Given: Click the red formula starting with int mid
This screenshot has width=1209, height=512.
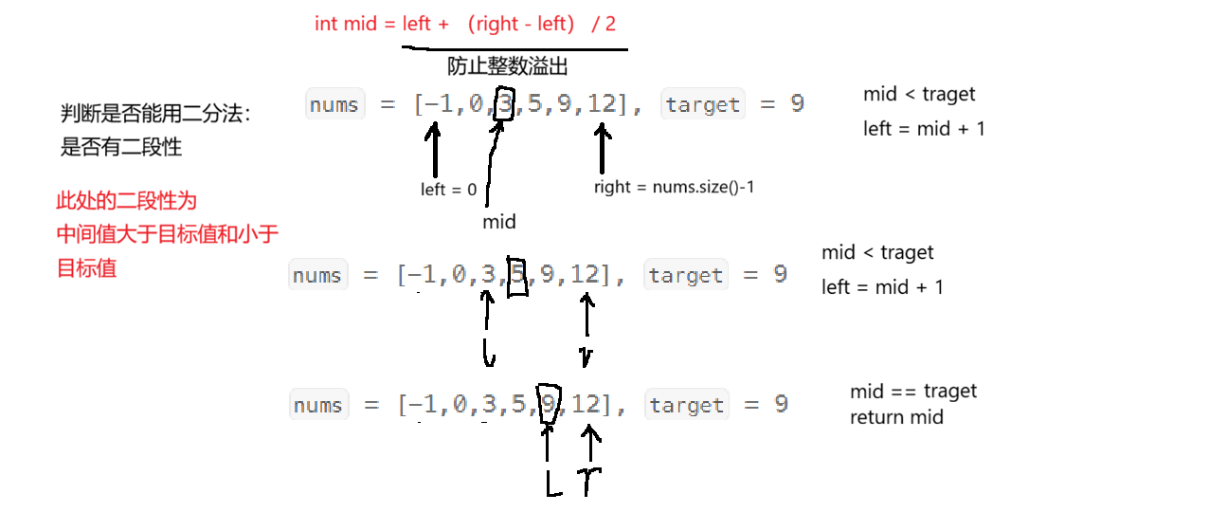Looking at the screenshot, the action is point(464,24).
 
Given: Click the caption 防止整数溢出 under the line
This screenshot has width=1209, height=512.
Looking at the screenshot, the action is point(507,66).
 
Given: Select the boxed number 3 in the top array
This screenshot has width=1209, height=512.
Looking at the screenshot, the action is point(506,103).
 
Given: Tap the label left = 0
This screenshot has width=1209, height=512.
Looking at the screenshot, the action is point(448,190).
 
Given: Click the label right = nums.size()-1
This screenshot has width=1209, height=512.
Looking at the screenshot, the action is point(674,187).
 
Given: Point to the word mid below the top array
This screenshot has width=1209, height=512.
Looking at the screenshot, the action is point(499,222).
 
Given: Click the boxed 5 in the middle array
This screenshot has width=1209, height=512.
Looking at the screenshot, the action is point(517,275).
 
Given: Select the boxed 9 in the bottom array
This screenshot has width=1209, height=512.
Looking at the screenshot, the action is point(548,405).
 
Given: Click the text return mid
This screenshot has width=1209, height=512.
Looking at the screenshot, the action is point(896,417).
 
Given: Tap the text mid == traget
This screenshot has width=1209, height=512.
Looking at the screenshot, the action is point(913,392).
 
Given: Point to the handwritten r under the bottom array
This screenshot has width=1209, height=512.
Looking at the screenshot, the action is point(590,479).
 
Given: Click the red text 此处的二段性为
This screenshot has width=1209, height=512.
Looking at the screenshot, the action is point(126,201).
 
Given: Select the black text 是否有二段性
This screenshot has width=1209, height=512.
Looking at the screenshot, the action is point(120,147).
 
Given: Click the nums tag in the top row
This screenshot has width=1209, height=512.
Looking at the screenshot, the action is point(334,104).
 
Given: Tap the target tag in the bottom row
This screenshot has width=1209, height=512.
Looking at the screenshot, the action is point(686,406).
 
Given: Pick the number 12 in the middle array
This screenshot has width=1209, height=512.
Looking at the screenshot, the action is point(586,275).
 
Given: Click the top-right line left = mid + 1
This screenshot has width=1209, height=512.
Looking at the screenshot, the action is point(924,129).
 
